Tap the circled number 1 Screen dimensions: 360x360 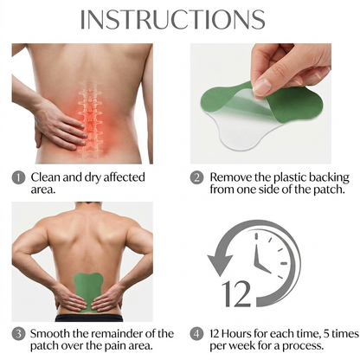coord(18,177)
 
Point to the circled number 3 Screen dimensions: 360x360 coord(18,333)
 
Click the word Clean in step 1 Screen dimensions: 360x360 coord(48,177)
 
